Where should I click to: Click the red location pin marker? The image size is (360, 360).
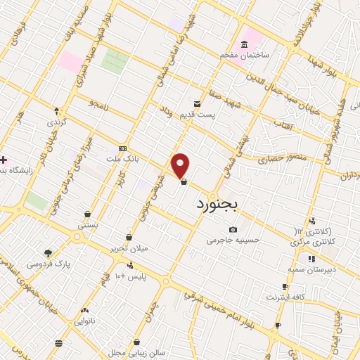[181, 165]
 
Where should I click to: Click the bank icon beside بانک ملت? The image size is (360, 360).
[123, 149]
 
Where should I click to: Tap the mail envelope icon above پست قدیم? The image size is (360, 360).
[198, 103]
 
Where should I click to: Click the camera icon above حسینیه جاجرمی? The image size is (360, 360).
[233, 229]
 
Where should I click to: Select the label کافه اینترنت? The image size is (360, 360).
[285, 297]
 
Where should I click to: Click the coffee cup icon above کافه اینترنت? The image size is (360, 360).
[285, 287]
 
